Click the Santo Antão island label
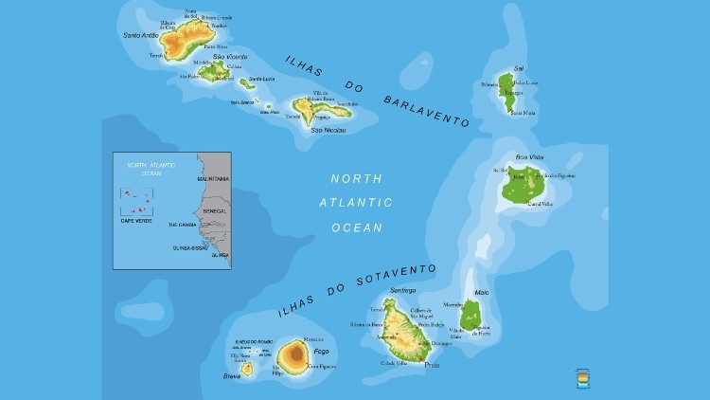coord(139,35)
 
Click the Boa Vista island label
coord(529,157)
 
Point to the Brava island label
coord(232,376)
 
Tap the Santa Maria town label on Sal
coord(523,113)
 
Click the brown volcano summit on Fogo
coord(293,355)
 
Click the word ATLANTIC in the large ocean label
coord(357,202)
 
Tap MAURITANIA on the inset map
coord(213,178)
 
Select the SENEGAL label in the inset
coord(214,210)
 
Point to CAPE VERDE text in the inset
coord(135,220)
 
